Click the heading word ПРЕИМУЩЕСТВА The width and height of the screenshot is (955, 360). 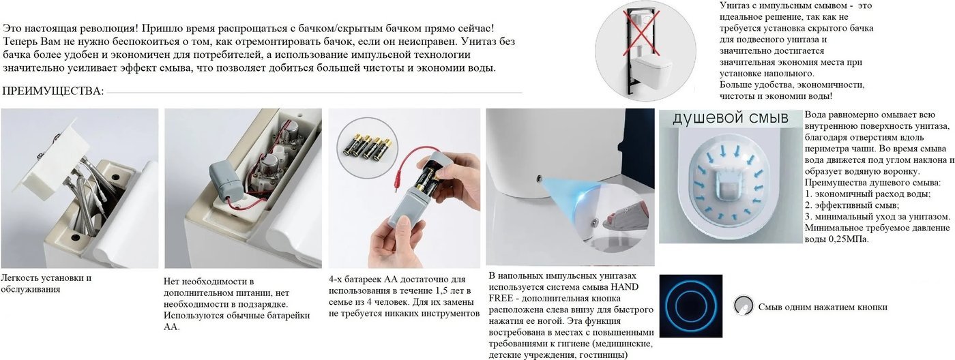(x=53, y=91)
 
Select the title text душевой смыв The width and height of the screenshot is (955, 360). (x=731, y=117)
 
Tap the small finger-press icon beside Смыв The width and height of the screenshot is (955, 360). (x=744, y=305)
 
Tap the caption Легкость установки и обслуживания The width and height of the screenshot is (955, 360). (x=46, y=284)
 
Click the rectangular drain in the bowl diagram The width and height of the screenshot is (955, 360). (x=729, y=185)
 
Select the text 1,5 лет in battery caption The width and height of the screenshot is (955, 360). (x=451, y=290)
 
